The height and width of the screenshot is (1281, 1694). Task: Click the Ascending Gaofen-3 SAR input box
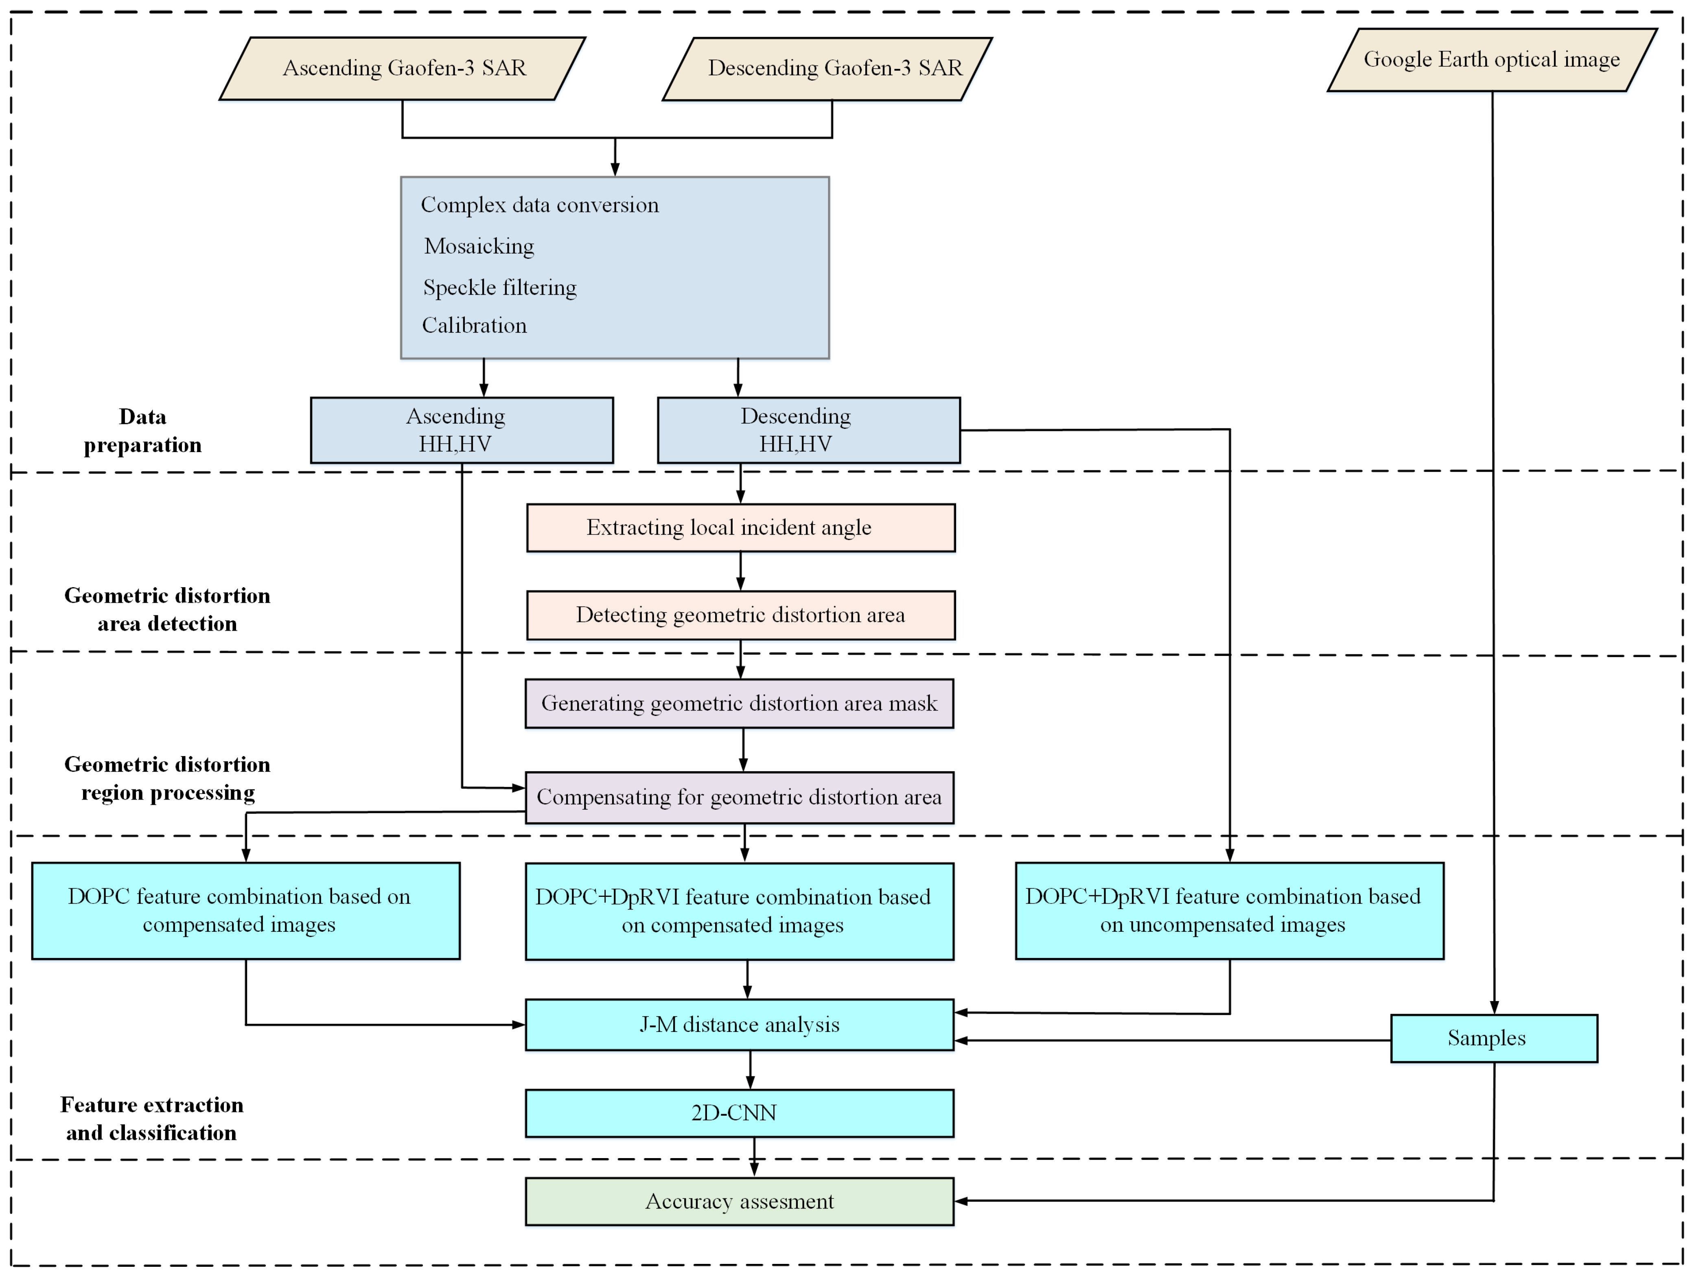tap(403, 68)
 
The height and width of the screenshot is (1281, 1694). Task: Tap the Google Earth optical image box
tap(1492, 60)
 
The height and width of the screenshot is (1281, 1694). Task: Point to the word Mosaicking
tap(479, 246)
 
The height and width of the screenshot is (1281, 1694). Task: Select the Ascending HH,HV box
tap(462, 430)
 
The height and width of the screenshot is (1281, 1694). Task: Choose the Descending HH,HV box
tap(809, 430)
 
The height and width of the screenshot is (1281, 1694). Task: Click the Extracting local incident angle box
tap(740, 527)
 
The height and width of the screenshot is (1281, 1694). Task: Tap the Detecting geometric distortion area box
tap(740, 615)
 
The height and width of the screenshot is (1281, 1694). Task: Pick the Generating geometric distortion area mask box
tap(739, 704)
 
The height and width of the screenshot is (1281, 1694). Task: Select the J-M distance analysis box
tap(739, 1025)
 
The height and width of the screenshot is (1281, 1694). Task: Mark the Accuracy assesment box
tap(739, 1201)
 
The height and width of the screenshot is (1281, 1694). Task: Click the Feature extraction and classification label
tap(152, 1119)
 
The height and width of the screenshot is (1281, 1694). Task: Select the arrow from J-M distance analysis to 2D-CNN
tap(750, 1070)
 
